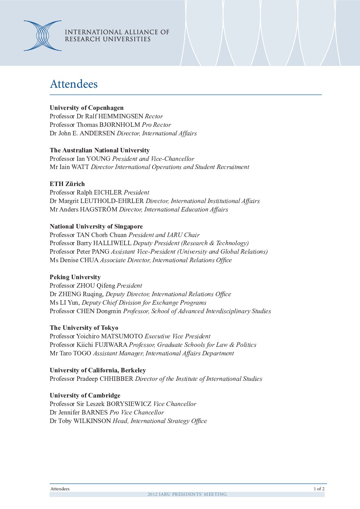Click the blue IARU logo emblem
click(x=43, y=36)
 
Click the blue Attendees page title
click(x=73, y=84)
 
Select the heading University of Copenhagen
click(x=86, y=108)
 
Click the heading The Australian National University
click(x=99, y=150)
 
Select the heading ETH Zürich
click(x=67, y=184)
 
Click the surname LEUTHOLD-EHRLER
click(x=112, y=201)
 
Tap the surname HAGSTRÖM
click(x=99, y=209)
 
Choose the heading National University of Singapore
click(x=96, y=226)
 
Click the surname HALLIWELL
click(x=112, y=243)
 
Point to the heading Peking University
click(x=75, y=277)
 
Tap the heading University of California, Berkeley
click(x=98, y=370)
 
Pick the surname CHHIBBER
click(x=116, y=379)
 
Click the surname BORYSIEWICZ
click(x=129, y=404)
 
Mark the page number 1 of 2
click(x=319, y=489)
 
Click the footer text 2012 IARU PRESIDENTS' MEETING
click(x=187, y=494)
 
